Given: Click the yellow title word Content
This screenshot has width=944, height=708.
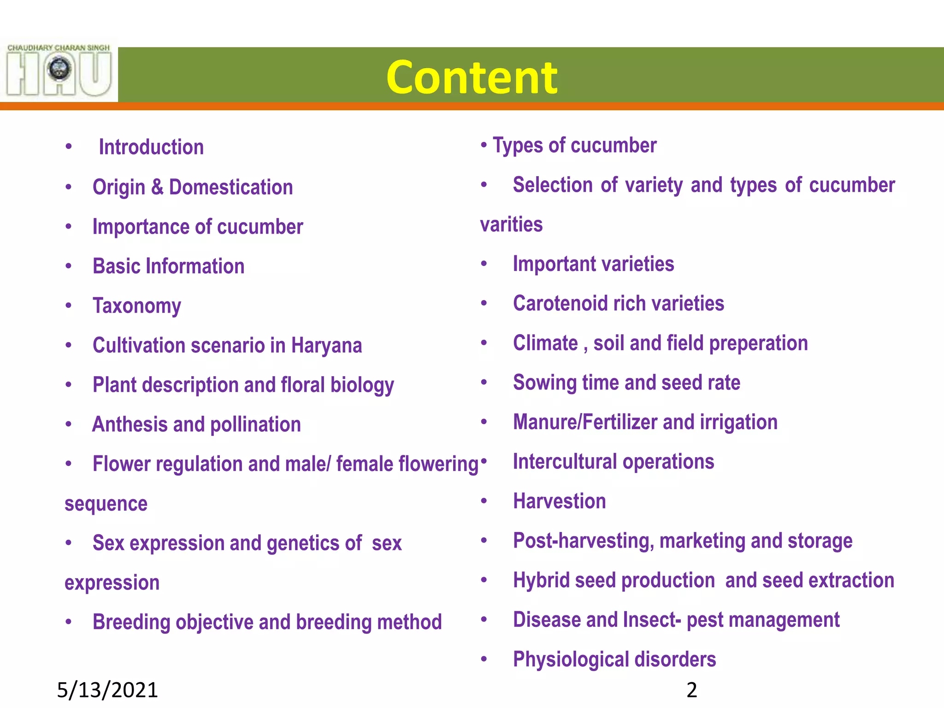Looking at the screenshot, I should coord(472,77).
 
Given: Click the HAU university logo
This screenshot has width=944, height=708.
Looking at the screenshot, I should coord(59,70).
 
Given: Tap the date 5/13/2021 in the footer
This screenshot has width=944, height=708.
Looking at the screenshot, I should coord(107,690).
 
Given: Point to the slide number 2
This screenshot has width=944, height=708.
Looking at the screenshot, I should coord(691,690).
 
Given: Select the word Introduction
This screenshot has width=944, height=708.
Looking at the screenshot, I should coord(151,147).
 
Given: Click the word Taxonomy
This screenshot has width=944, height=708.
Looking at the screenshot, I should coord(137,306).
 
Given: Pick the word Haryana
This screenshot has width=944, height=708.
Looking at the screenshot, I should coord(326,346).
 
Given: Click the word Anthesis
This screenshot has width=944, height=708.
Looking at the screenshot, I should coord(130,425).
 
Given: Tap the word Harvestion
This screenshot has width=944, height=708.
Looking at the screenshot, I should coord(560,501).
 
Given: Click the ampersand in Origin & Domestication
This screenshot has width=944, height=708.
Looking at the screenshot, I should coord(157,187).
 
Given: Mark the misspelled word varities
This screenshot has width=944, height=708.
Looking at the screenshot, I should coord(511,225).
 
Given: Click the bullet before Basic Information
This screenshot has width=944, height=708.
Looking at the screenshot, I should coord(69,266).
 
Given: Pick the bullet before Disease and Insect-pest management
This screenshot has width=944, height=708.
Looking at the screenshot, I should coord(484,619).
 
